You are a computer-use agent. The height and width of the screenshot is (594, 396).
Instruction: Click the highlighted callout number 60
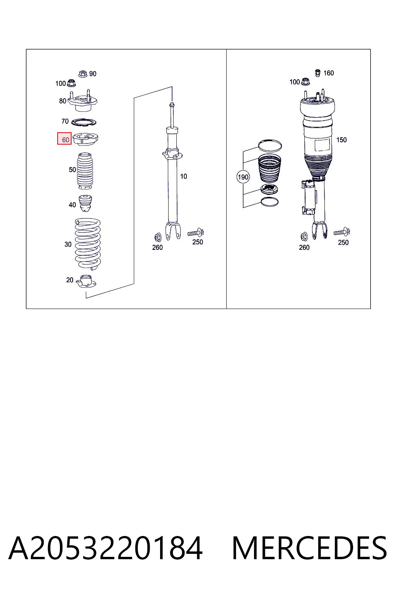click(x=65, y=140)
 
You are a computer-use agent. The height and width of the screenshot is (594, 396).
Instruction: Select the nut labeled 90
click(x=83, y=74)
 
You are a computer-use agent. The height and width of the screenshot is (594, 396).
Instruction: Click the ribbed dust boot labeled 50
click(x=85, y=171)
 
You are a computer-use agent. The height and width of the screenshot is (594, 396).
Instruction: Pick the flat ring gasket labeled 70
click(x=84, y=122)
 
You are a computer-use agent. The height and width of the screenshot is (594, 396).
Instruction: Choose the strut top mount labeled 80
click(x=82, y=102)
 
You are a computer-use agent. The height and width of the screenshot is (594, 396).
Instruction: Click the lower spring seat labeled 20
click(x=86, y=282)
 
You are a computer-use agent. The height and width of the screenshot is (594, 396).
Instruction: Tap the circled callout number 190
click(x=243, y=177)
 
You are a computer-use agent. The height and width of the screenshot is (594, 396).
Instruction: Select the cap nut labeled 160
click(x=317, y=73)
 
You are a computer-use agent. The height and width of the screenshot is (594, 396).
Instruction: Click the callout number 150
click(x=341, y=140)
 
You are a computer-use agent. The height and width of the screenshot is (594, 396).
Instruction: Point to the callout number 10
click(x=184, y=176)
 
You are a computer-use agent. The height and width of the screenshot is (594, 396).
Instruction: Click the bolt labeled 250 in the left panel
click(x=196, y=233)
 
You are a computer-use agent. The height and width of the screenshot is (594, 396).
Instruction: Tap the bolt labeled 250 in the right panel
click(x=341, y=232)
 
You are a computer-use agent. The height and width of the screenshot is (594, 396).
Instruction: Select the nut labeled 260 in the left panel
click(x=158, y=237)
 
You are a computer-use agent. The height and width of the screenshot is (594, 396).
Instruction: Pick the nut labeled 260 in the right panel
click(x=304, y=237)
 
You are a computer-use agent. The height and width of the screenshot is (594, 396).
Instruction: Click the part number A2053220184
click(x=105, y=548)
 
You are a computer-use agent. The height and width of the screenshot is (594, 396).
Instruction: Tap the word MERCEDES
click(x=309, y=548)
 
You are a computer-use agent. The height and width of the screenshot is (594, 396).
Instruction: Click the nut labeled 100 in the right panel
click(x=306, y=82)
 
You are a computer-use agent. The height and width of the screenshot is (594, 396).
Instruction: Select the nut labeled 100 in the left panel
click(x=71, y=83)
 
